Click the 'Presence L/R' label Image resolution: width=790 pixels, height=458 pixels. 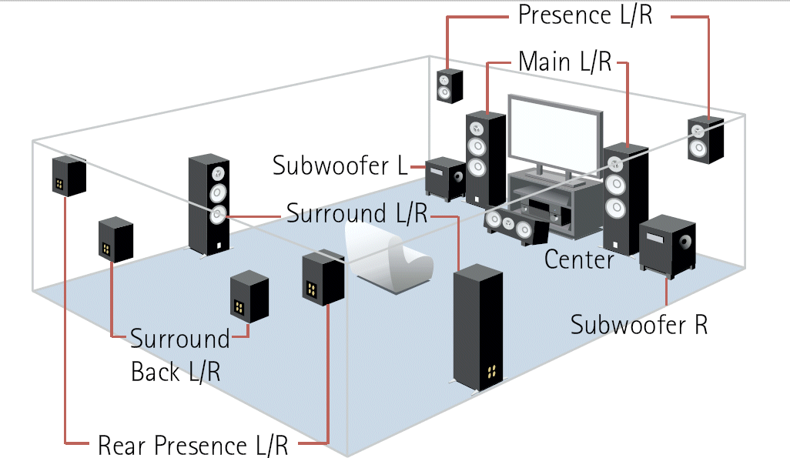584,15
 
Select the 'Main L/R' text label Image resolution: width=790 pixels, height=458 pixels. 565,61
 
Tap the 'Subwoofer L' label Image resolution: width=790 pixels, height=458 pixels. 340,165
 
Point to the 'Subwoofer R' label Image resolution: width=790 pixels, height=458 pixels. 638,324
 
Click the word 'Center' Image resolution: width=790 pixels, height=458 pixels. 579,259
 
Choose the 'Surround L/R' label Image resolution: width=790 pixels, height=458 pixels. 357,213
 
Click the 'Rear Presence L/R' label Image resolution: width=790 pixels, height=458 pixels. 192,445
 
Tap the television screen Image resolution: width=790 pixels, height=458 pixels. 553,130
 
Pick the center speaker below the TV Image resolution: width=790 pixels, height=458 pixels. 513,224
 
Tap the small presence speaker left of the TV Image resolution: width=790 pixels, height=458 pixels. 450,85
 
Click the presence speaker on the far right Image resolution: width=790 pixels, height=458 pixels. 705,140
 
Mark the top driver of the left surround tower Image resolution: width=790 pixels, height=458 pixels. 219,172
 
